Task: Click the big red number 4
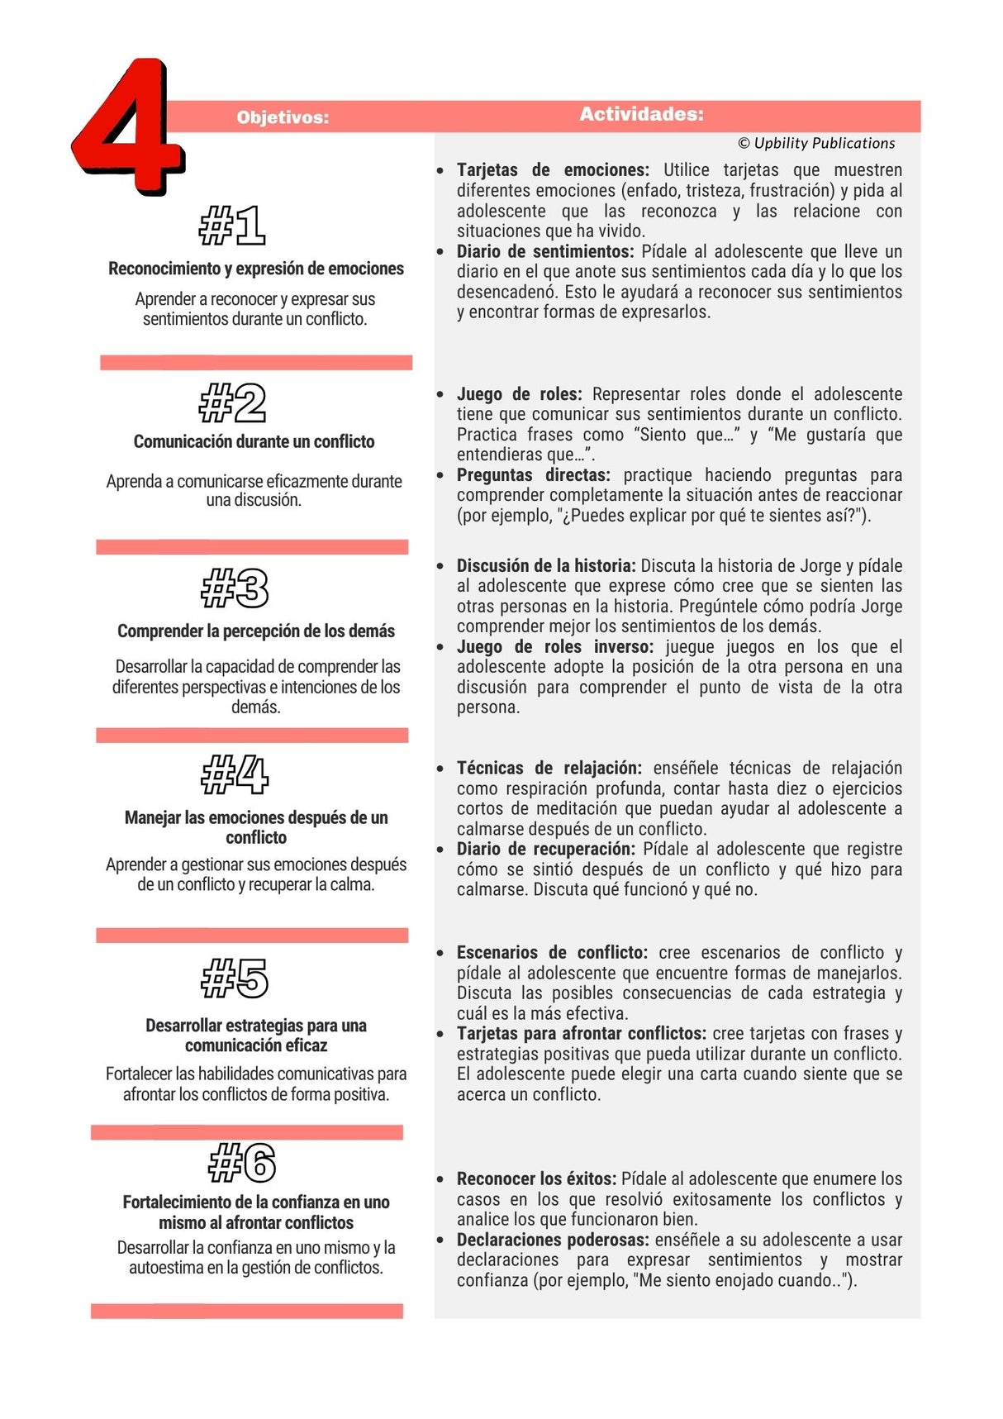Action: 128,128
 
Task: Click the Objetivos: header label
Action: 283,117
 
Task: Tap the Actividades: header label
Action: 641,114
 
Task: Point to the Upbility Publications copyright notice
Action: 816,143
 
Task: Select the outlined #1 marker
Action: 232,225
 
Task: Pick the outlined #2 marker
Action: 233,402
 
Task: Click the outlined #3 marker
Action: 235,588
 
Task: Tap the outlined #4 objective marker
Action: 235,774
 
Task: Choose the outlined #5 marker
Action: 235,978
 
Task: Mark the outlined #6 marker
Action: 241,1163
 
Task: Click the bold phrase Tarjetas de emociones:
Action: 553,170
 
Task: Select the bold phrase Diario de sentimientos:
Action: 545,251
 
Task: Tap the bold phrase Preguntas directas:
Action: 533,475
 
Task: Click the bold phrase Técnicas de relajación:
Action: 549,768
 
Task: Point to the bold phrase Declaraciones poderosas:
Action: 553,1240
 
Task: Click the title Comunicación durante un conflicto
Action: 254,441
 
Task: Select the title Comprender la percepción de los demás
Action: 256,631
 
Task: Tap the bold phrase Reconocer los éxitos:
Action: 536,1179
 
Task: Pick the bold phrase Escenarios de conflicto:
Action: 552,952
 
